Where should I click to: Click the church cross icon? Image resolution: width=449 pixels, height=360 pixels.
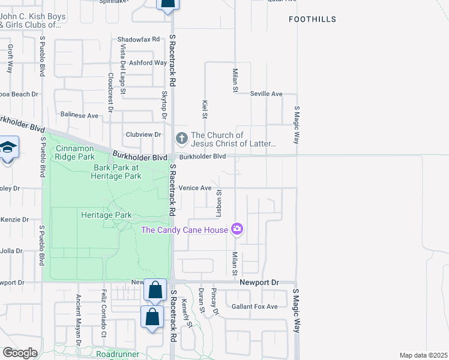[x=181, y=139]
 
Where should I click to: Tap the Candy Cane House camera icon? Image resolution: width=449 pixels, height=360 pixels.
[x=238, y=229]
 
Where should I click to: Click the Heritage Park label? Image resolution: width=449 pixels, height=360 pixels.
[x=106, y=214]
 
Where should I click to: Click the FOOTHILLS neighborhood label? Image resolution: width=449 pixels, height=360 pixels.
[x=312, y=19]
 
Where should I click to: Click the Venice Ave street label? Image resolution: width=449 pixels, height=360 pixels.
[x=195, y=188]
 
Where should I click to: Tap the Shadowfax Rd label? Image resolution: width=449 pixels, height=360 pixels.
[x=139, y=39]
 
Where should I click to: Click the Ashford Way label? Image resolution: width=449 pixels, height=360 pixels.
[x=148, y=62]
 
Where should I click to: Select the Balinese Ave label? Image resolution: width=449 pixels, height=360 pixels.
[x=79, y=115]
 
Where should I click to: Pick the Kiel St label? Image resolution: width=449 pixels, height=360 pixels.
[x=205, y=108]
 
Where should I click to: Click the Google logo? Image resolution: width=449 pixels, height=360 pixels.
[x=20, y=353]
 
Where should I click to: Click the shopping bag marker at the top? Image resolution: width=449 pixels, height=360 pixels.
[x=167, y=5]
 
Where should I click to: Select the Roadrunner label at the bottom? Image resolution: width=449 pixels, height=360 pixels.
[x=118, y=355]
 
